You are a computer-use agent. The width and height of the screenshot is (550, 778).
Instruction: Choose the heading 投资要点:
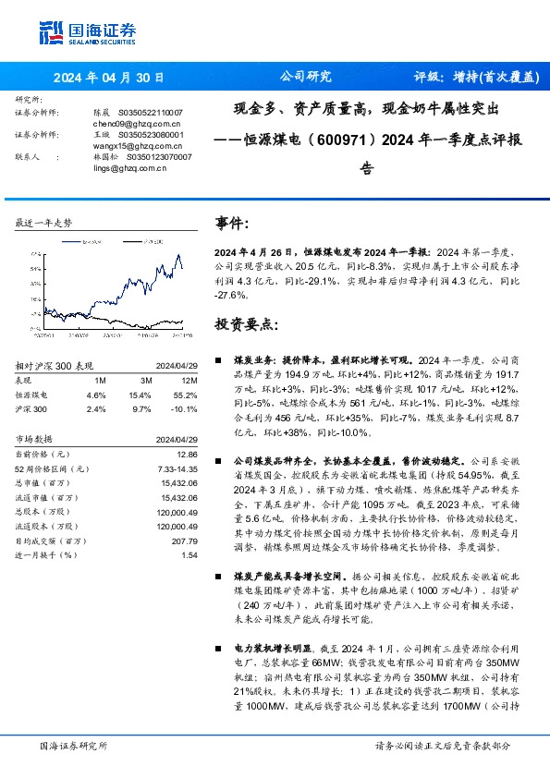[245, 324]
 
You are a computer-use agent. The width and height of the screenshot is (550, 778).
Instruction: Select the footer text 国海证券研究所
[74, 745]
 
